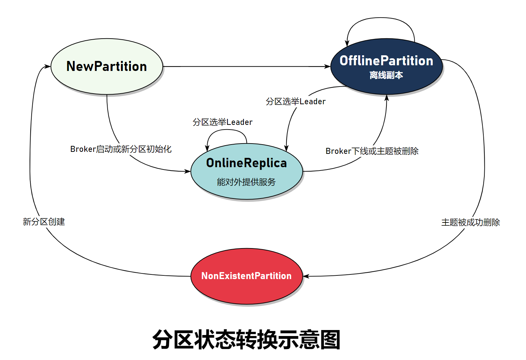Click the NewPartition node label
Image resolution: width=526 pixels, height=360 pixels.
tap(107, 66)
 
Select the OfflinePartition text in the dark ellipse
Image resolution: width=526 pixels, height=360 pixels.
tap(386, 61)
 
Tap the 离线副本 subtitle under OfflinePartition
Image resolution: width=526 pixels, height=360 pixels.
tap(386, 75)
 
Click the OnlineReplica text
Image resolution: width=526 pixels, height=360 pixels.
tap(247, 163)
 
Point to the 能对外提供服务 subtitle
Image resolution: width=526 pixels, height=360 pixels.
tap(246, 182)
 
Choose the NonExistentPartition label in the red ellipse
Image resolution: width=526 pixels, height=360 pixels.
tap(246, 276)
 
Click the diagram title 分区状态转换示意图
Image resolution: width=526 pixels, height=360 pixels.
tap(246, 340)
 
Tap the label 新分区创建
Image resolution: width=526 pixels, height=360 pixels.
tap(44, 221)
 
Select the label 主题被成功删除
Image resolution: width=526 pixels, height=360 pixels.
tap(470, 222)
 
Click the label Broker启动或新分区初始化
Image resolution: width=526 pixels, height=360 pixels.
tap(121, 149)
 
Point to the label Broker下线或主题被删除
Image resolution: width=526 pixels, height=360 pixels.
tap(372, 151)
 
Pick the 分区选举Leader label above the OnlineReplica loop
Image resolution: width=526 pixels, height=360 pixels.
tap(222, 122)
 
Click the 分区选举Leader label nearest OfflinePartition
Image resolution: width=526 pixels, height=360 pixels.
tap(295, 101)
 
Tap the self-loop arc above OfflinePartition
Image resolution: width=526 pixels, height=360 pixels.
tap(381, 18)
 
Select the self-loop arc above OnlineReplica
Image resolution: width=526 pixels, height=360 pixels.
tap(227, 130)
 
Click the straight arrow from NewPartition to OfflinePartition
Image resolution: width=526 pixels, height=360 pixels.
tap(247, 67)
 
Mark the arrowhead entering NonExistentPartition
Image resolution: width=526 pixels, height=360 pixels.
tap(306, 276)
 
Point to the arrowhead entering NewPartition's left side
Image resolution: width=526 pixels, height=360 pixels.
tap(47, 67)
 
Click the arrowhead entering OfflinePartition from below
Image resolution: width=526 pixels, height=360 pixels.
tap(387, 98)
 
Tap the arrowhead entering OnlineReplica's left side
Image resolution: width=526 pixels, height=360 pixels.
tap(188, 171)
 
